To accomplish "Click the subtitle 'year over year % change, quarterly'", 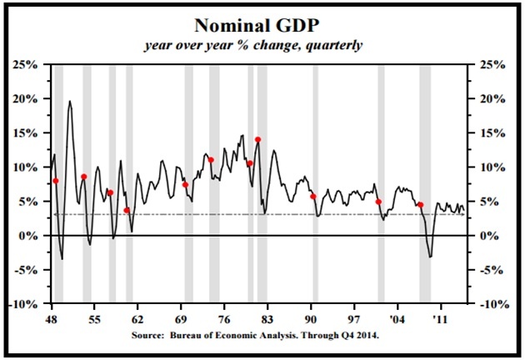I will point(262,45).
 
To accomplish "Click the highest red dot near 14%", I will point(257,140).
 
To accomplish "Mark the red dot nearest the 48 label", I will point(56,181).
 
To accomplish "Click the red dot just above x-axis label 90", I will point(313,197).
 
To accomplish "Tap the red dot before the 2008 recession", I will point(420,205).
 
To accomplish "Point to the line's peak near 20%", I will point(69,102).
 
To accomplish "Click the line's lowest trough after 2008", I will point(430,257).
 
